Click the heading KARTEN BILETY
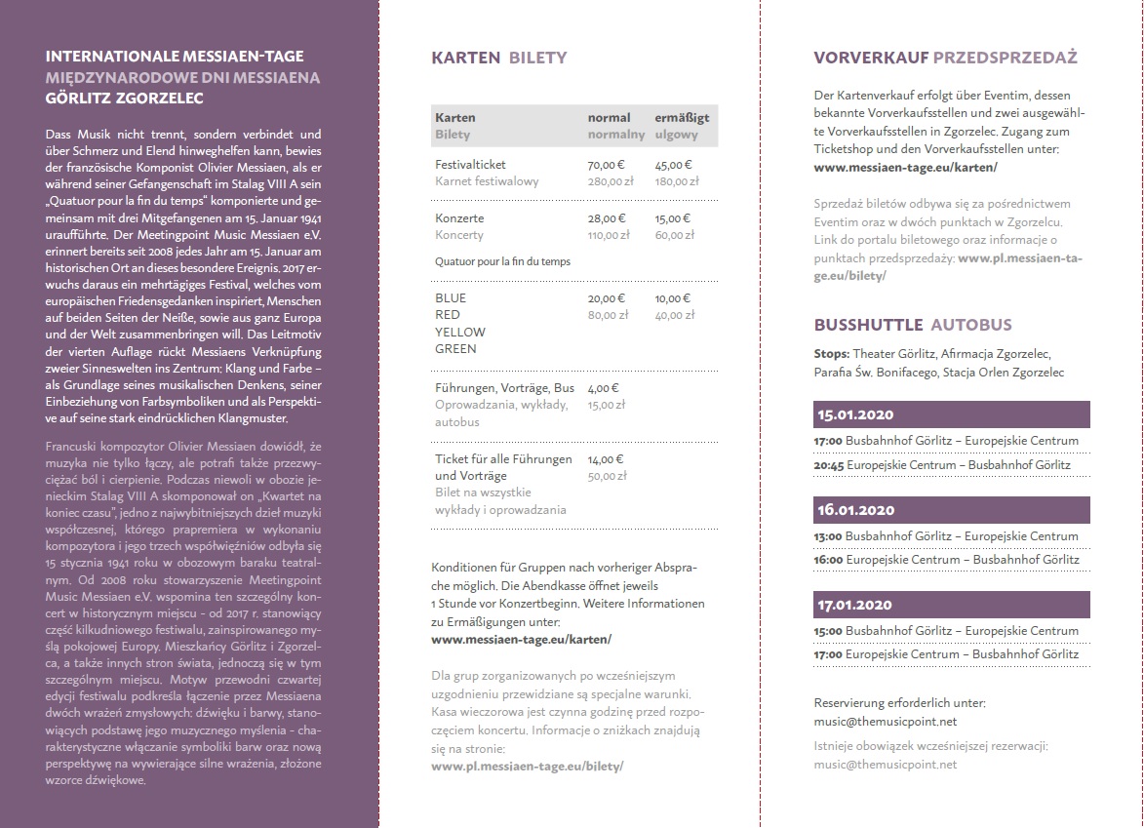pyautogui.click(x=498, y=58)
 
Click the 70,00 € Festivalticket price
pyautogui.click(x=606, y=165)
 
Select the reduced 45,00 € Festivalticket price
pyautogui.click(x=674, y=165)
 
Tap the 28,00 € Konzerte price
pyautogui.click(x=606, y=218)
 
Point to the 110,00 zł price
pyautogui.click(x=608, y=235)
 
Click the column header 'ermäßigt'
pyautogui.click(x=682, y=117)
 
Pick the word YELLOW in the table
pyautogui.click(x=459, y=332)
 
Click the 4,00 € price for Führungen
pyautogui.click(x=604, y=388)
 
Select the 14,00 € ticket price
pyautogui.click(x=606, y=458)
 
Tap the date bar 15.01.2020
pyautogui.click(x=952, y=414)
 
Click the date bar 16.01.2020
pyautogui.click(x=952, y=510)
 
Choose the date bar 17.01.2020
pyautogui.click(x=952, y=606)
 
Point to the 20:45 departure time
pyautogui.click(x=829, y=465)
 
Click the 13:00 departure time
pyautogui.click(x=829, y=536)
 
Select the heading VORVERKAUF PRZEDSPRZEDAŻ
pyautogui.click(x=945, y=58)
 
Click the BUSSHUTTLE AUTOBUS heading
pyautogui.click(x=913, y=325)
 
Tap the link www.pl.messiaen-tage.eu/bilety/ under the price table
pyautogui.click(x=527, y=767)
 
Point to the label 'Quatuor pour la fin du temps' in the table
pyautogui.click(x=502, y=261)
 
